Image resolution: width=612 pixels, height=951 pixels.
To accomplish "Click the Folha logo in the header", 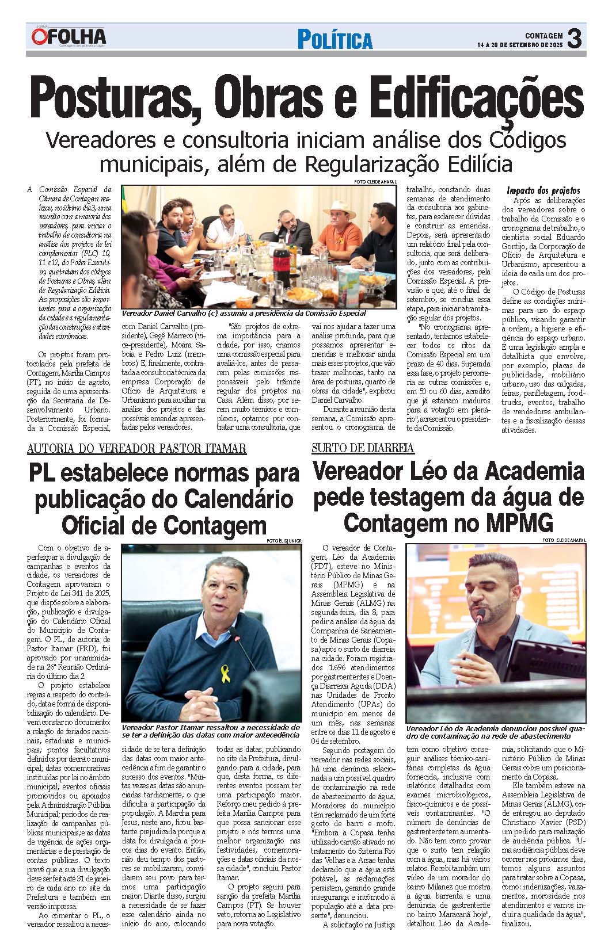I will (69, 37).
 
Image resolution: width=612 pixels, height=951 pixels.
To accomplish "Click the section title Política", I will (334, 40).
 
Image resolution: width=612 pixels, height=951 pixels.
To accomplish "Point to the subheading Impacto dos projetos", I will (543, 190).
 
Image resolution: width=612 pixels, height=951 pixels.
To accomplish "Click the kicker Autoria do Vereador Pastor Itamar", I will (137, 448).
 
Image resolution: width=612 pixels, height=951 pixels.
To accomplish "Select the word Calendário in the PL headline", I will (237, 499).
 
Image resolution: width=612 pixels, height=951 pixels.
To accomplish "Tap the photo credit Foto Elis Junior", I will (284, 541).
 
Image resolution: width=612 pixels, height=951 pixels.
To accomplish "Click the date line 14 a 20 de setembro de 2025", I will (520, 45).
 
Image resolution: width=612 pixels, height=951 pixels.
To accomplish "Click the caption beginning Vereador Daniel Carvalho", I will (244, 314).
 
